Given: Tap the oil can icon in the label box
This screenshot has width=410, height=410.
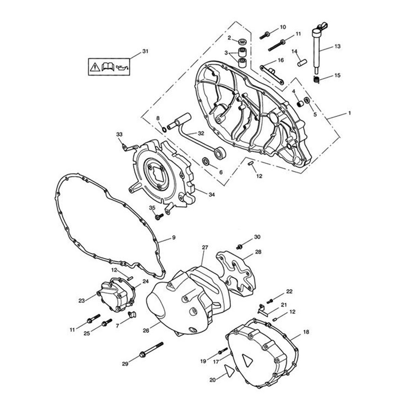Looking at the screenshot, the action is tap(122, 67).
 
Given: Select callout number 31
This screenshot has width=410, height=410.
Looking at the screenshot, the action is tap(145, 51).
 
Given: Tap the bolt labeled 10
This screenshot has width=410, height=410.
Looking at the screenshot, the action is tap(265, 35).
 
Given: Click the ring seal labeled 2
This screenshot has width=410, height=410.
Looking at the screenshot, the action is tap(242, 41).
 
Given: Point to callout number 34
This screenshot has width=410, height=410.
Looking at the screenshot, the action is tap(211, 194).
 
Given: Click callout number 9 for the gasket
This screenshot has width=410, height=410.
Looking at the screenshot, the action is tap(174, 237).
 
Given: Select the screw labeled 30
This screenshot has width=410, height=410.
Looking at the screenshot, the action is tap(240, 247).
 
